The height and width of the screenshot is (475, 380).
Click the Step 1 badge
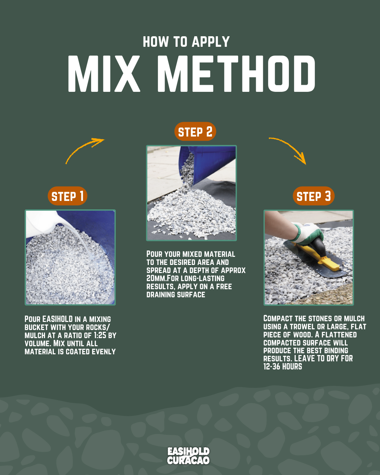click(x=67, y=196)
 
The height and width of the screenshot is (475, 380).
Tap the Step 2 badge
click(x=195, y=132)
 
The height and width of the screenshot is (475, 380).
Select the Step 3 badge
click(x=313, y=196)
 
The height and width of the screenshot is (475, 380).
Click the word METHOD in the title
click(x=236, y=74)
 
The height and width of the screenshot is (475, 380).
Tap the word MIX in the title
click(x=104, y=74)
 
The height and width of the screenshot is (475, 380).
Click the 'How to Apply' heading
click(x=186, y=42)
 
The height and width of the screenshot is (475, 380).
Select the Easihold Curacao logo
click(x=188, y=456)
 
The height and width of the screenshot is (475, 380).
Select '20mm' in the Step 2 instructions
click(x=156, y=278)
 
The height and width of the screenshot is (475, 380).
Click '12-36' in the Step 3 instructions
click(x=272, y=367)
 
